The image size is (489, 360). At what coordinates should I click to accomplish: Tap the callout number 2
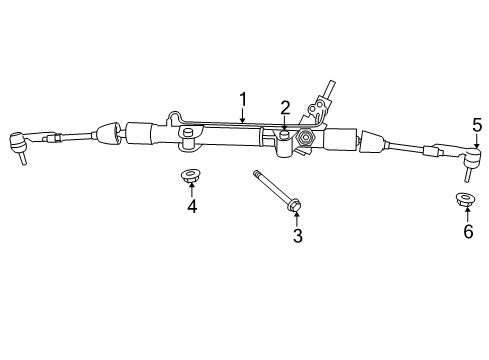coord(285,108)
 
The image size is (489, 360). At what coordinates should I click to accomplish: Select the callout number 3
coord(296,236)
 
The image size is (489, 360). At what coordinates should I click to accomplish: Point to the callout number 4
coord(191,207)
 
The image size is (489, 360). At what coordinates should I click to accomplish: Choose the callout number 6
coord(467,231)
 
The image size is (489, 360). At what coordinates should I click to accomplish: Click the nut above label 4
coord(190,177)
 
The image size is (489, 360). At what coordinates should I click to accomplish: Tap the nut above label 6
coord(466,199)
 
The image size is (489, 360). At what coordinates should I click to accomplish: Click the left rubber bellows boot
coord(108,132)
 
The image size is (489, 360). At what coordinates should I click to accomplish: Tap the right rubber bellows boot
coord(372,142)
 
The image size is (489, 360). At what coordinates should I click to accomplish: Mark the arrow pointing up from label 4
coord(191,190)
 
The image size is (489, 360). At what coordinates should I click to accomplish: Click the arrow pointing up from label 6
coord(467,213)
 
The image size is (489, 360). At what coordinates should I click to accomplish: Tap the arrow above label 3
coord(296,218)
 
